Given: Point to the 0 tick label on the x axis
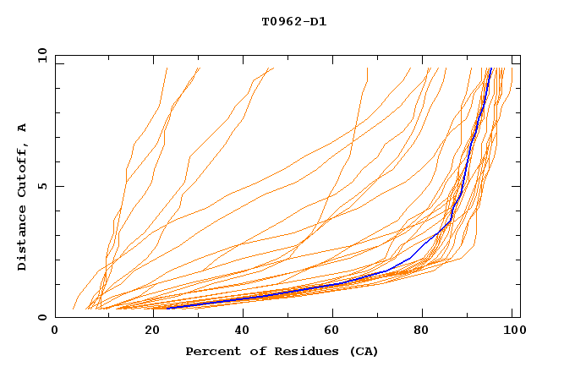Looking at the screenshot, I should (55, 333).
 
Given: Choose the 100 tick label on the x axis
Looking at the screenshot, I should (511, 333).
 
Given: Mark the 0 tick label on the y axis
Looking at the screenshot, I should (42, 317).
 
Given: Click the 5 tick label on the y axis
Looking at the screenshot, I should (42, 186).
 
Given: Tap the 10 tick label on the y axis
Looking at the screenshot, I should (40, 55).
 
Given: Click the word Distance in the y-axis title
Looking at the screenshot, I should (23, 240).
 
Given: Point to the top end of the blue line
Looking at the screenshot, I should (490, 68).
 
